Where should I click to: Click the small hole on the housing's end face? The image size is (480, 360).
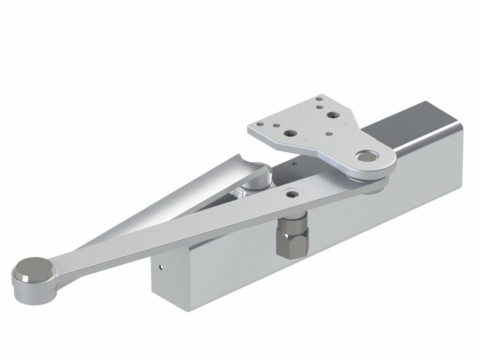tap(161, 268)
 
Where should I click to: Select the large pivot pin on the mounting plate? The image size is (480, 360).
tap(366, 156)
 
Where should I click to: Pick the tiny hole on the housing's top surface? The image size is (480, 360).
tap(294, 164)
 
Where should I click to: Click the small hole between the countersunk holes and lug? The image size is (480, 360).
tap(329, 133)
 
